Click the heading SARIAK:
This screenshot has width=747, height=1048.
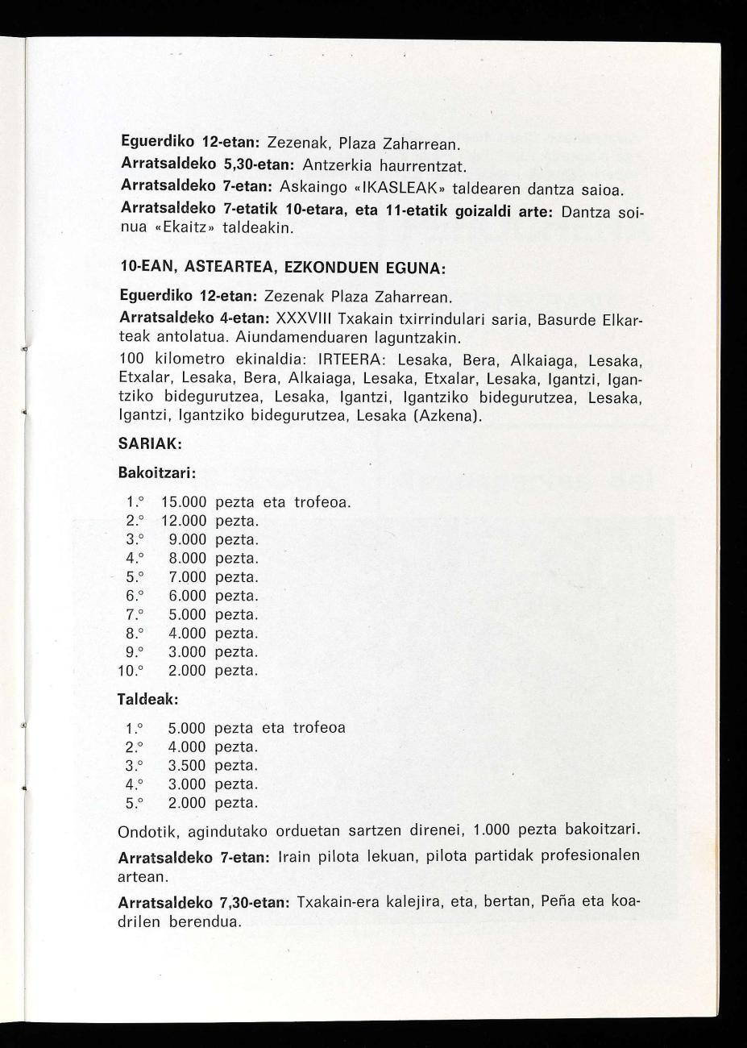pos(150,443)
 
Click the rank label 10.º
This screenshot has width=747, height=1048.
pos(130,671)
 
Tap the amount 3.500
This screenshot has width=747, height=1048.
pos(187,766)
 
